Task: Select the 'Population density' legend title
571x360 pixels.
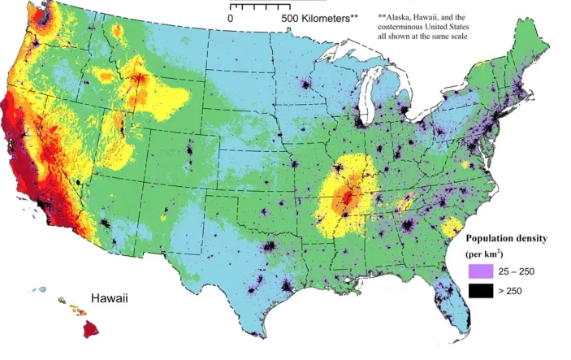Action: tap(512, 239)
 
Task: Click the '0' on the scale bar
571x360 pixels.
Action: tap(231, 16)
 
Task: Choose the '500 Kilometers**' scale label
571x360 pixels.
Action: tap(318, 16)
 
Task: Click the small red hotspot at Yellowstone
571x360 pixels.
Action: tap(140, 80)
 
